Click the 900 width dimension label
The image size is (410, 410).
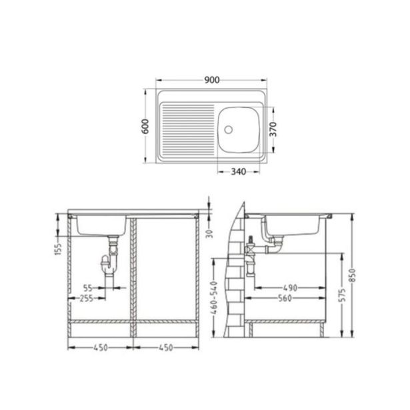click(212, 81)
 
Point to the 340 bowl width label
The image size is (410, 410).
click(239, 171)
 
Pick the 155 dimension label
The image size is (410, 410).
click(59, 249)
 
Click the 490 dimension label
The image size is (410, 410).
click(287, 288)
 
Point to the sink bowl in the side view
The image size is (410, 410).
click(294, 226)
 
